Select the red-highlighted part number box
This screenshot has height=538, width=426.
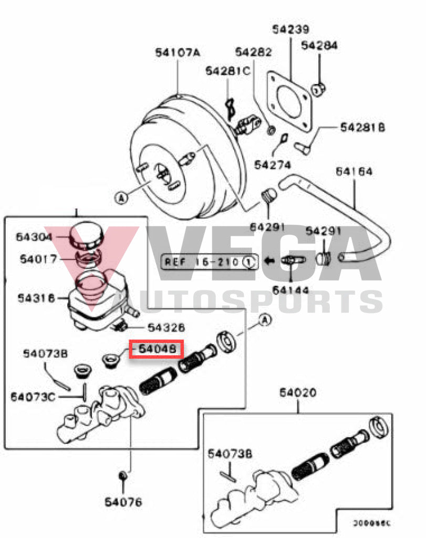click(157, 348)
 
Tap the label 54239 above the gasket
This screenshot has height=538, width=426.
click(290, 29)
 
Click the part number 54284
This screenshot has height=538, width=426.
click(319, 46)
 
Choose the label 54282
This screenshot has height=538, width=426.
click(253, 52)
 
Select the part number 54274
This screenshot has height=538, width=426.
click(273, 165)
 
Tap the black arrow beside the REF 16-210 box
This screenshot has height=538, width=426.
click(269, 261)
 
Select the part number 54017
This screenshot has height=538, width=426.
click(37, 259)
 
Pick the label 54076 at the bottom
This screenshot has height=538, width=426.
click(123, 502)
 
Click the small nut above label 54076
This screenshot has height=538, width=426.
click(122, 476)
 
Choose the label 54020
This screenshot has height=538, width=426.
click(297, 392)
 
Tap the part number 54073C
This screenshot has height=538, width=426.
click(33, 396)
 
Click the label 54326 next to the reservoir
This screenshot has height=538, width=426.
click(166, 328)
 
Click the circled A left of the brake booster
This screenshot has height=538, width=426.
click(121, 198)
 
